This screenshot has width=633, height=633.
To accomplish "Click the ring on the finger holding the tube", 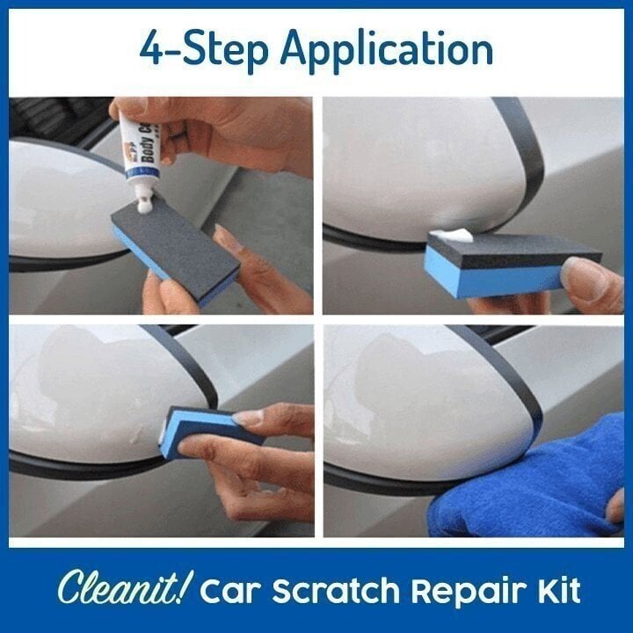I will coord(177,133).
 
